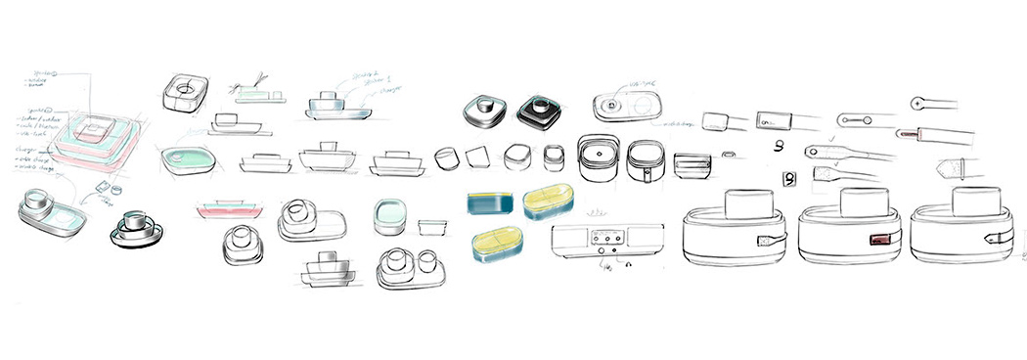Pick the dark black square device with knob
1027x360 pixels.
click(x=537, y=111)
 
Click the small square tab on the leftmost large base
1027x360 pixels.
click(x=764, y=239)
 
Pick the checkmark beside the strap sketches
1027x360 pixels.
click(x=832, y=140)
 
